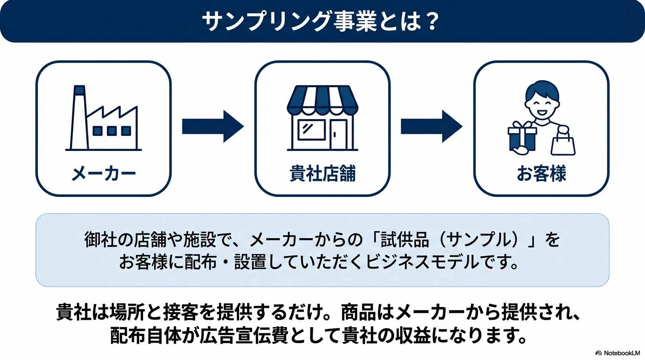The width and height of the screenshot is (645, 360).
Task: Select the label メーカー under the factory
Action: pyautogui.click(x=104, y=174)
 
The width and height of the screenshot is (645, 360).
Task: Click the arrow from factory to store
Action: pyautogui.click(x=212, y=126)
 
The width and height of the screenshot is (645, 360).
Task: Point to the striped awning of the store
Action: pyautogui.click(x=322, y=100)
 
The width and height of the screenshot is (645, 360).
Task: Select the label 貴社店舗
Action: pyautogui.click(x=322, y=174)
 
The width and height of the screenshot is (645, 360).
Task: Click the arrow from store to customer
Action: pyautogui.click(x=431, y=126)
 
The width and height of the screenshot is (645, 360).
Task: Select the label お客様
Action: pyautogui.click(x=541, y=174)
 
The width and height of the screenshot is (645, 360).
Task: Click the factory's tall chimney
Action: pyautogui.click(x=78, y=117)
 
